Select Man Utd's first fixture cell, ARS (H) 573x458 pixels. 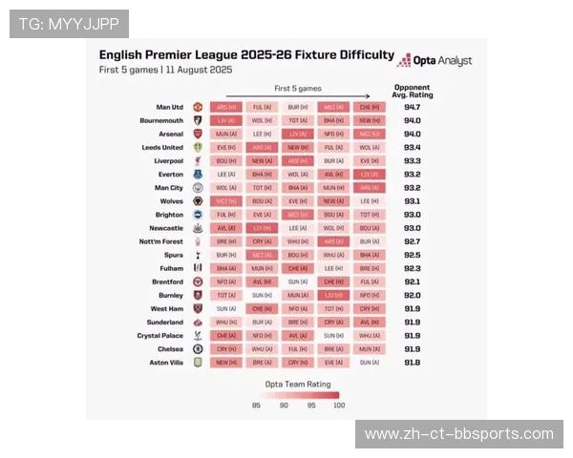tap(225, 108)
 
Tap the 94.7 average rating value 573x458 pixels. tap(412, 108)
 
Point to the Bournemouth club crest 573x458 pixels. tap(198, 121)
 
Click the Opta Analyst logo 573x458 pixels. tap(435, 60)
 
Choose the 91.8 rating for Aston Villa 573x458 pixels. tap(412, 363)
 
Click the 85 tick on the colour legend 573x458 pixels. tap(257, 406)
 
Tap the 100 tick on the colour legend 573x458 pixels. tap(338, 406)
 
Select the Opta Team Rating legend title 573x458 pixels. tap(297, 383)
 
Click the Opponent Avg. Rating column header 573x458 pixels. tap(413, 92)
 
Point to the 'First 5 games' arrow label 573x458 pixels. tap(297, 88)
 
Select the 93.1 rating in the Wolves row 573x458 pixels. tap(412, 201)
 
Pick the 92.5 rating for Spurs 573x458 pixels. tap(412, 256)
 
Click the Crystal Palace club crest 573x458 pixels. tap(198, 336)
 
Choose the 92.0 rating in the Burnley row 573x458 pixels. tap(412, 296)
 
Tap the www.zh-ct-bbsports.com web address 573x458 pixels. tap(459, 434)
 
